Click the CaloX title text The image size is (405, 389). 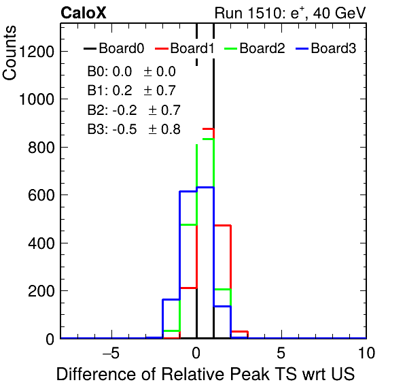point(84,13)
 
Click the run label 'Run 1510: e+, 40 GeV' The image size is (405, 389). point(290,13)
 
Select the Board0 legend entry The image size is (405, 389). point(114,48)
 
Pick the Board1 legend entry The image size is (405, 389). point(185,48)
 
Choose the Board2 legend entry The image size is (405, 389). point(255,48)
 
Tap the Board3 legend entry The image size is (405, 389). point(326,48)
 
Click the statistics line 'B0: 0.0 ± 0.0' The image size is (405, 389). point(131,71)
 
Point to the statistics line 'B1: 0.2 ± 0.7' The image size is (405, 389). point(131,90)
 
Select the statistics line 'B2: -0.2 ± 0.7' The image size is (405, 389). point(134,110)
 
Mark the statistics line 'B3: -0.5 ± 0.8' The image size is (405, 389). point(134,129)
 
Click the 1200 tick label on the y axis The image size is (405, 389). point(37,52)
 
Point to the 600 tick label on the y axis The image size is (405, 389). point(41,195)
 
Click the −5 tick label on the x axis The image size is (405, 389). point(111,353)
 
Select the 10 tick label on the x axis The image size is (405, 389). point(366,353)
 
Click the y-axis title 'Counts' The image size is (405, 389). point(10,53)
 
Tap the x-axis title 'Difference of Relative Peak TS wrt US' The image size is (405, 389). point(205,374)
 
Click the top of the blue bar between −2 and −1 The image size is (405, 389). point(171,299)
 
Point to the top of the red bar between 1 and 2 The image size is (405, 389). point(222,226)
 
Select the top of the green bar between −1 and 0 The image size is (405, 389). point(188,225)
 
